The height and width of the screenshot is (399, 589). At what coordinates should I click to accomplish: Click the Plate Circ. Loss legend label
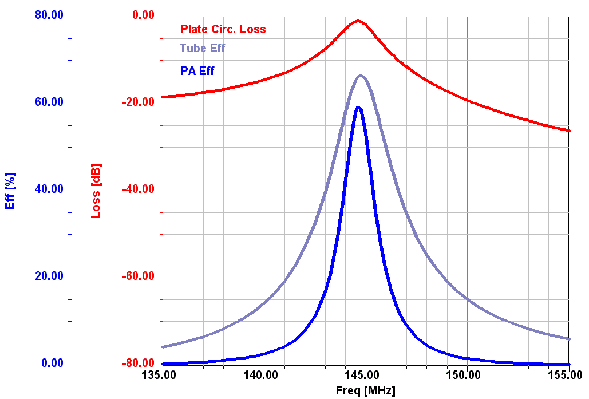[223, 29]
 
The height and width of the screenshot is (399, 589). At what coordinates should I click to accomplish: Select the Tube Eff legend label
[202, 48]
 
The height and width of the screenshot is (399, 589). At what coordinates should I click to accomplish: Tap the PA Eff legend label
[197, 72]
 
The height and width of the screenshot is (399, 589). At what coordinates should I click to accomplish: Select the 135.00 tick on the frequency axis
[163, 376]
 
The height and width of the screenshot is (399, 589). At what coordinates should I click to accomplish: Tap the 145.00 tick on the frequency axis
[365, 376]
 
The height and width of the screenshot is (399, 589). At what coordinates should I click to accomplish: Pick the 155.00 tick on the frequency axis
[567, 376]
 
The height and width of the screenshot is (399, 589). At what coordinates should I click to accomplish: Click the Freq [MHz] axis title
[365, 391]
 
